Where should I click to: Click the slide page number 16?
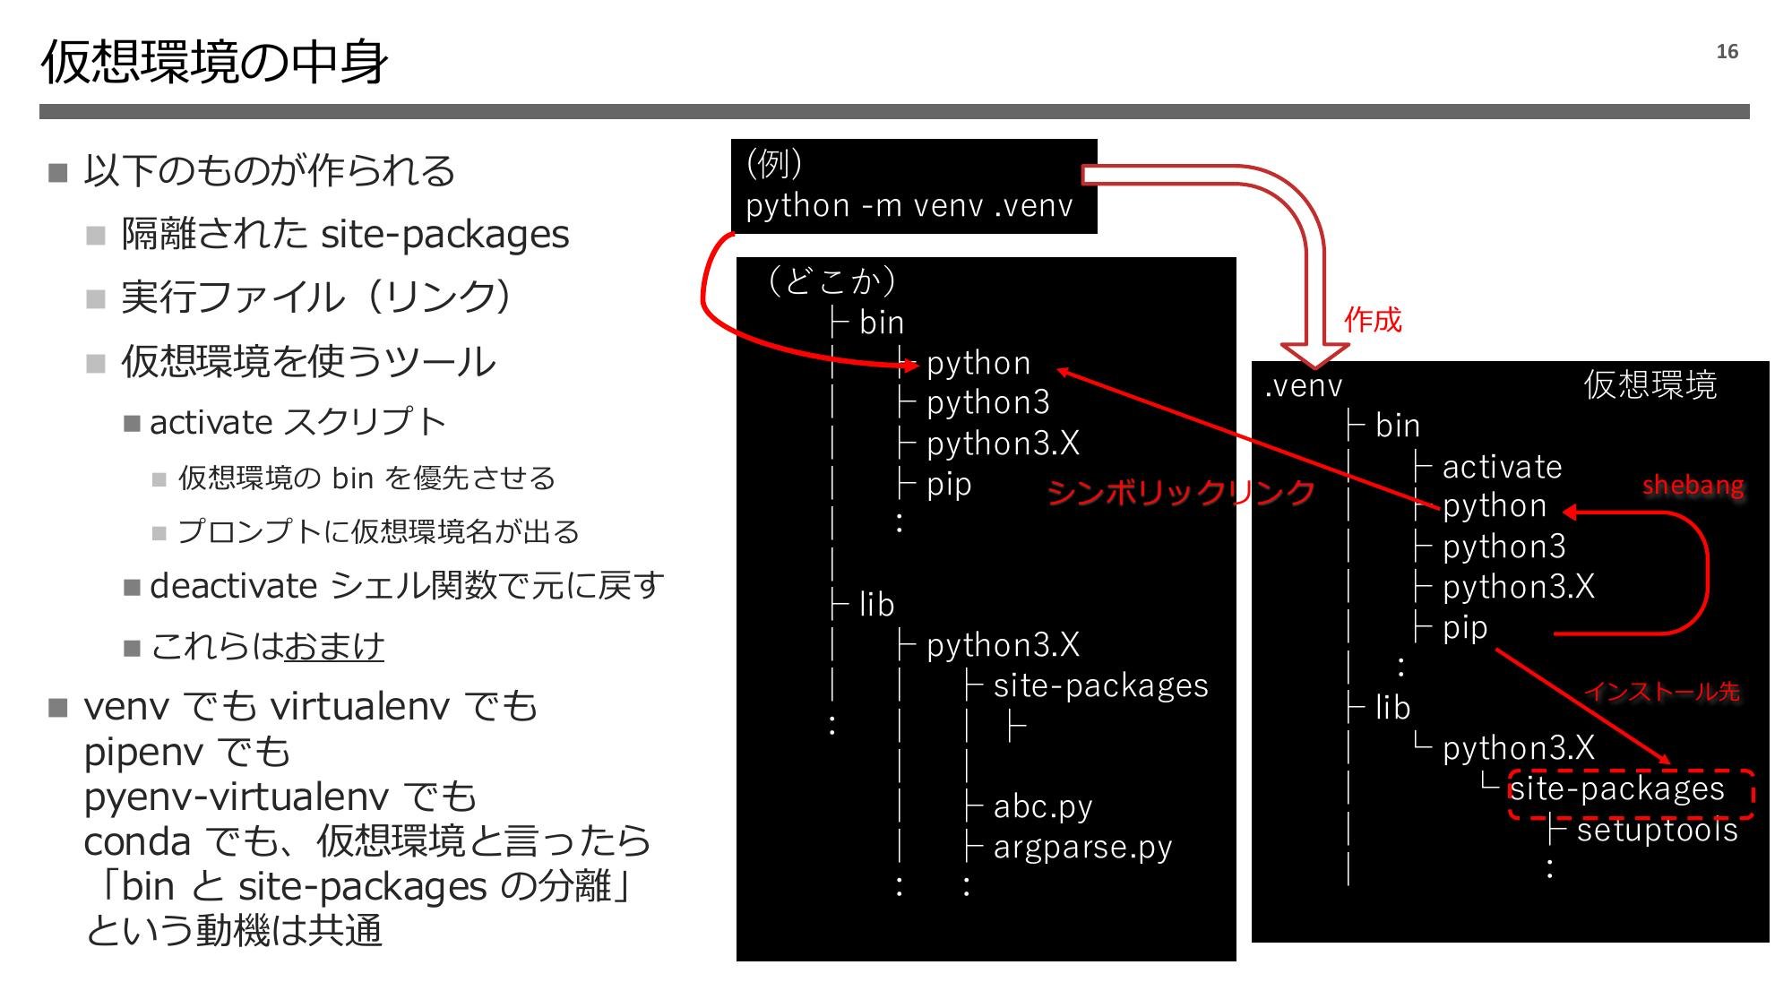[x=1727, y=52]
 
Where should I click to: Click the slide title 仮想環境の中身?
[x=214, y=63]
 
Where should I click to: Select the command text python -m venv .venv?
[x=909, y=206]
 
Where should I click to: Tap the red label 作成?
[x=1372, y=320]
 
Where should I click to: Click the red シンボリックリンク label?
[x=1180, y=492]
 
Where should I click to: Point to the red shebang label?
[x=1693, y=486]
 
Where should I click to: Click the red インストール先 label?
[x=1662, y=691]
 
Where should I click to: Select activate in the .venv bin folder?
[x=1502, y=467]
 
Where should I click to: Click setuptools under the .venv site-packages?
[x=1657, y=830]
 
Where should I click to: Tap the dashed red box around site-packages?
[x=1630, y=794]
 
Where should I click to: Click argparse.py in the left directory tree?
[x=1082, y=847]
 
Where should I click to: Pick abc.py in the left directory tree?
[x=1042, y=806]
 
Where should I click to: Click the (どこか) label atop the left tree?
[x=831, y=281]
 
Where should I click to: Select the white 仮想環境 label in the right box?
[x=1650, y=384]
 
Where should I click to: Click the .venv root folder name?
[x=1304, y=386]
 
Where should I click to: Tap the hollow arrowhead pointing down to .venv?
[x=1314, y=354]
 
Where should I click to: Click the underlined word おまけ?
[x=333, y=646]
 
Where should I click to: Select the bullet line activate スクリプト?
[x=297, y=422]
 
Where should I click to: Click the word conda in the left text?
[x=136, y=841]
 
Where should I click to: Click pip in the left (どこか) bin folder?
[x=948, y=485]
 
